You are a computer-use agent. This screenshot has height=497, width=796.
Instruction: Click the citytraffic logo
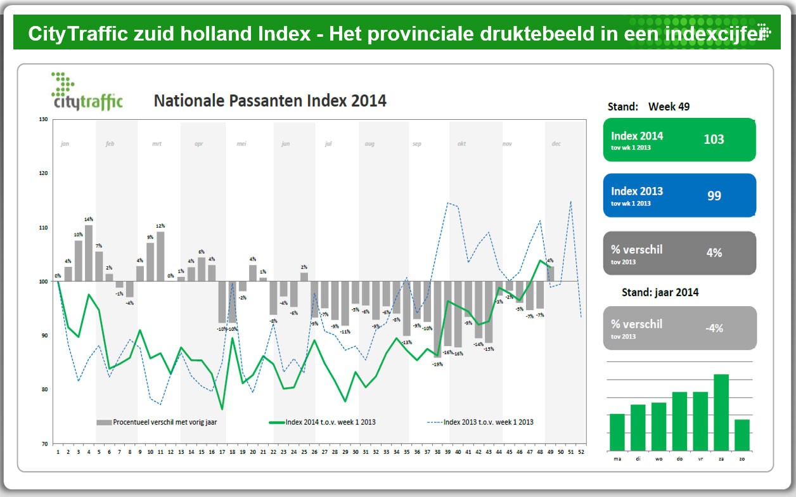pos(87,93)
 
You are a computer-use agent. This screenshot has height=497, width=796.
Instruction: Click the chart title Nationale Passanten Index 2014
pos(270,101)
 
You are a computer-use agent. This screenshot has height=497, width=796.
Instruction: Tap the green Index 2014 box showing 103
pos(679,139)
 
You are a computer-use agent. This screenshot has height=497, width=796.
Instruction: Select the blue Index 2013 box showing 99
pos(679,195)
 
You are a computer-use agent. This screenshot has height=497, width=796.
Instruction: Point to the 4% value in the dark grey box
pos(714,252)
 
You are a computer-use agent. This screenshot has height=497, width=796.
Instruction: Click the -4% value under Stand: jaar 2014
pos(714,328)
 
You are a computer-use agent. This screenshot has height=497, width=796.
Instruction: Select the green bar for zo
pos(742,434)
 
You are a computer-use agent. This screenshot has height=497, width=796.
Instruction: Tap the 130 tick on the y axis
pos(43,119)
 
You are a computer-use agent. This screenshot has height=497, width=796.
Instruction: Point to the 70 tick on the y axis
pos(43,444)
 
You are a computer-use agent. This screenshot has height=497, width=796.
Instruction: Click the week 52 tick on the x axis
pos(581,452)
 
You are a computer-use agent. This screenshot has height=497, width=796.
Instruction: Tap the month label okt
pos(461,144)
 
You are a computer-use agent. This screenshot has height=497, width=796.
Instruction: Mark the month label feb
pos(110,144)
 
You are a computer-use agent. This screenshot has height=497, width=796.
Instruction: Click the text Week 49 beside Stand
pos(669,106)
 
